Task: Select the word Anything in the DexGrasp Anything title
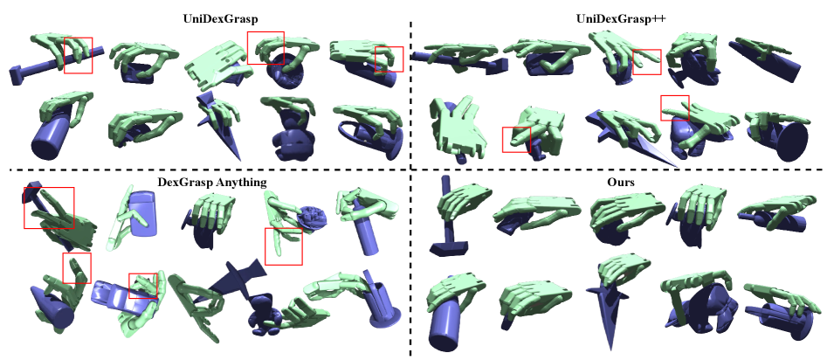coord(243,183)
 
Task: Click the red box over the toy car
coord(143,286)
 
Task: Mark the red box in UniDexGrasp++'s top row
coord(646,62)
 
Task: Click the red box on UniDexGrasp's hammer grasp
coord(78,55)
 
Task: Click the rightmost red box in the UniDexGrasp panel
coord(389,59)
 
